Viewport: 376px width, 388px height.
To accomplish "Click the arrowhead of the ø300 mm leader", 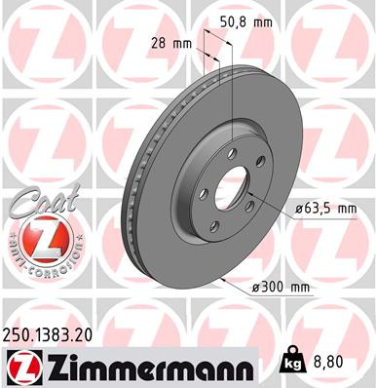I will click(222, 277).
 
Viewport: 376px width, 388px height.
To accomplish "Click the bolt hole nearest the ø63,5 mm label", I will click(250, 203).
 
